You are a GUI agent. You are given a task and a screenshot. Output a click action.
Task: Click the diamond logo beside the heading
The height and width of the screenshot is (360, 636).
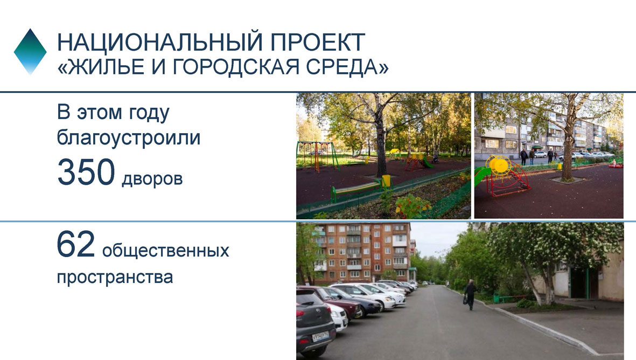30,52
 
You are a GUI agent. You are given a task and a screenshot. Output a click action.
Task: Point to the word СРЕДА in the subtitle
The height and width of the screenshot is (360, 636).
342,67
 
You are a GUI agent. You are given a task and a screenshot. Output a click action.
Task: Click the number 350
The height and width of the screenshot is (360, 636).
86,172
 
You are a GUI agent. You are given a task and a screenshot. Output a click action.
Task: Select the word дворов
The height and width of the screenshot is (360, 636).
152,178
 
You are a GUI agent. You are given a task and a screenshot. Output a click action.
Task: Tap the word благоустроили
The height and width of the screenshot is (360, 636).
129,137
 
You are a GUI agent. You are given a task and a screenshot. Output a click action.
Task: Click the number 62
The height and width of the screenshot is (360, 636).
76,244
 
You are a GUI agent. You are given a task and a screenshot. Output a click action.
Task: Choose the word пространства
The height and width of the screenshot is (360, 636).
115,277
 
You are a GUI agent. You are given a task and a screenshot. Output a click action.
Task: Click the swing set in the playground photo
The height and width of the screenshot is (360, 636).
318,156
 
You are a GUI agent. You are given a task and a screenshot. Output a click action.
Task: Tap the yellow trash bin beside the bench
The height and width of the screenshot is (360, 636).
386,181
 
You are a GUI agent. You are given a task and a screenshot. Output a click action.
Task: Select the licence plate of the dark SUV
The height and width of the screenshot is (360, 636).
320,336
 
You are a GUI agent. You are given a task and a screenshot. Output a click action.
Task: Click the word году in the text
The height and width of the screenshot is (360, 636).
149,113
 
